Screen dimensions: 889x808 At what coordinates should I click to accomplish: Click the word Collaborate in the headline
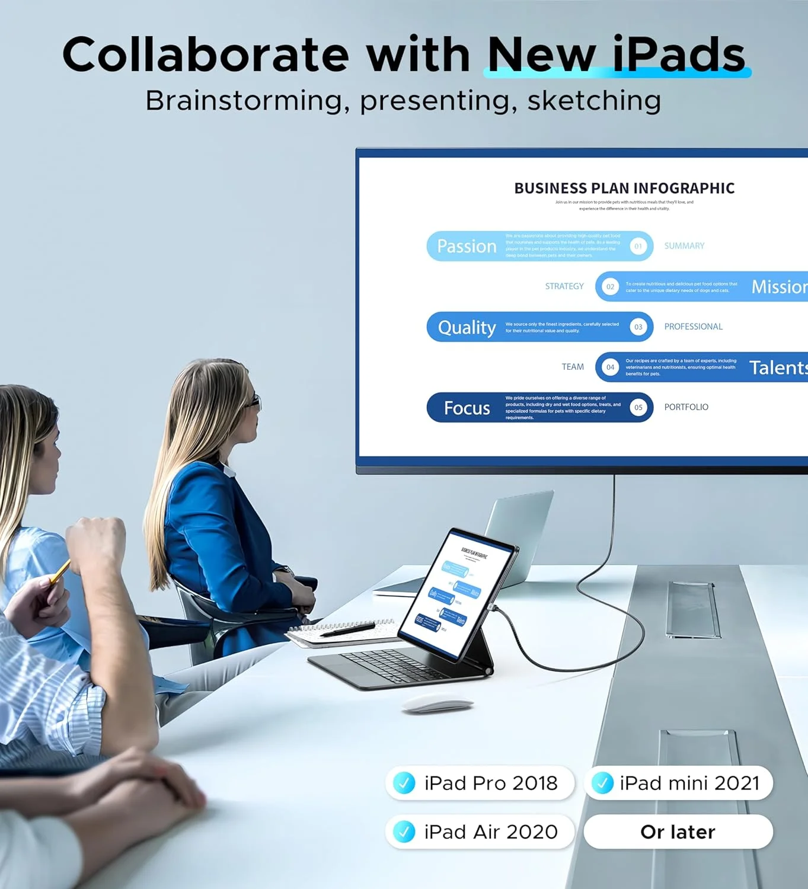coord(205,55)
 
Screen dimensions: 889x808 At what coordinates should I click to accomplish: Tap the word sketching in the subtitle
coord(594,101)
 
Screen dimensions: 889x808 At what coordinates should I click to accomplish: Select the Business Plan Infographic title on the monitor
coord(624,188)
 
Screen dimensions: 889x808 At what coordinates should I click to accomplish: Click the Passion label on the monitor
coord(467,246)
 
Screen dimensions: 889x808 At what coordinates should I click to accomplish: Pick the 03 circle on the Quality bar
coord(638,327)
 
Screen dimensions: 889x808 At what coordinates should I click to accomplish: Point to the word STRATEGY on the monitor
coord(564,286)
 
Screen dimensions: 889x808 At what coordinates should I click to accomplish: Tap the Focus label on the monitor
coord(467,408)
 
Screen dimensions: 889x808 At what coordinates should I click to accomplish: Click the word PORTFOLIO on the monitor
coord(686,407)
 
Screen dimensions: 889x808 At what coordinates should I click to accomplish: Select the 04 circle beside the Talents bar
coord(610,367)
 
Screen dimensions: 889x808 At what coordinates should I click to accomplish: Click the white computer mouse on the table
coord(437,705)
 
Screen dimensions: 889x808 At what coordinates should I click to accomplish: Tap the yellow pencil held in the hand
coord(59,573)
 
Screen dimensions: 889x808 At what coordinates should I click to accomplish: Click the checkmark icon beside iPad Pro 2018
coord(404,783)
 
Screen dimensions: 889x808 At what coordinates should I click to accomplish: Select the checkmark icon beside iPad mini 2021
coord(602,783)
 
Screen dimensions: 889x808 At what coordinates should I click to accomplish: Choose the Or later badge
coord(678,832)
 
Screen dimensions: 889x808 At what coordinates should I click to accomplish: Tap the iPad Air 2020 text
coord(491,832)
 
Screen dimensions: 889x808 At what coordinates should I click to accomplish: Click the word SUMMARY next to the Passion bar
coord(684,246)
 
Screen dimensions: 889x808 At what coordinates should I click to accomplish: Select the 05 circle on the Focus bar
coord(638,407)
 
